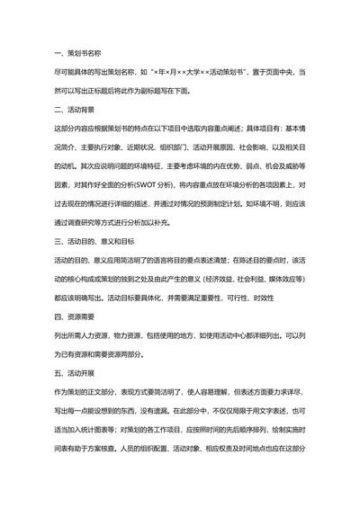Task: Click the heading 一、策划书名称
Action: tap(76, 53)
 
